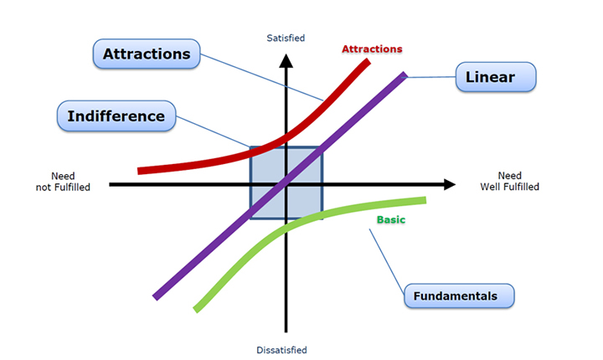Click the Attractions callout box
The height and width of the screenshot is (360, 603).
(147, 54)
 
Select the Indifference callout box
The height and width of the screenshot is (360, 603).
(116, 116)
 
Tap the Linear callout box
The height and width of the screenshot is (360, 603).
(497, 78)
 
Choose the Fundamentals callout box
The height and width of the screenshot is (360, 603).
(459, 296)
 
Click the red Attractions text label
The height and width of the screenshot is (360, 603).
(372, 49)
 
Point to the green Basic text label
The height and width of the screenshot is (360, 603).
(390, 220)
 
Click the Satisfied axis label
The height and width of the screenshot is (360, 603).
(286, 38)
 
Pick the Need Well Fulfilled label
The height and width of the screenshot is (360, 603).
(509, 182)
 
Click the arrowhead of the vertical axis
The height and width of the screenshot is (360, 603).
(286, 60)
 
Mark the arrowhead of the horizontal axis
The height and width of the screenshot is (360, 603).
(450, 183)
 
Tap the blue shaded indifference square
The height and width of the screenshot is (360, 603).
(306, 201)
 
